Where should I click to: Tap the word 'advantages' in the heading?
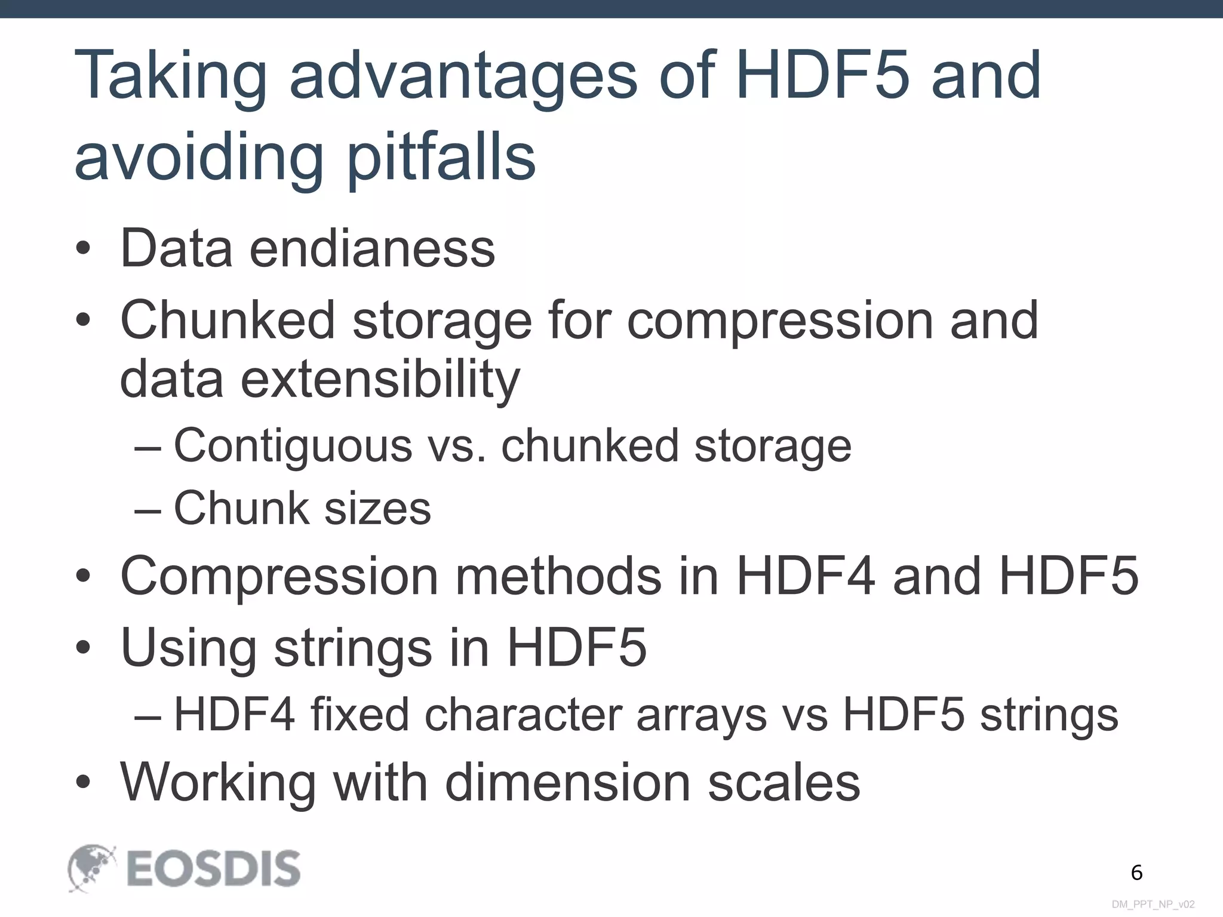pos(463,76)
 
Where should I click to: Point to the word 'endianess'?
pos(372,248)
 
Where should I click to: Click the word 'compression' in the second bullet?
pos(780,321)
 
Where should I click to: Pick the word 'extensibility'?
pos(380,379)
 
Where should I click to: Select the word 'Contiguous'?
pos(293,445)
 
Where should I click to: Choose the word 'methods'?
pos(558,576)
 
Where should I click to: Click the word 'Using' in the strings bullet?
pos(188,648)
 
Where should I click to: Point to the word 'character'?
pos(523,715)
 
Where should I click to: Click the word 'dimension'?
pos(567,782)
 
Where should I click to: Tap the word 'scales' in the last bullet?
pos(783,782)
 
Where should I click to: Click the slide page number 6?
pos(1136,873)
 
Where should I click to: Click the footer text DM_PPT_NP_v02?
pos(1153,904)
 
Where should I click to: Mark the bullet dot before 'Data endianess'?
pos(84,249)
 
